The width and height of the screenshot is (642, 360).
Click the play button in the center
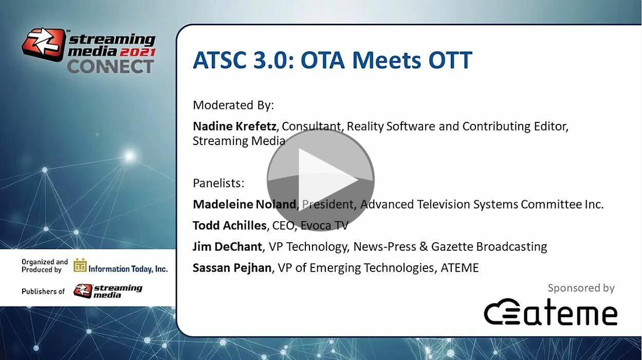(321, 179)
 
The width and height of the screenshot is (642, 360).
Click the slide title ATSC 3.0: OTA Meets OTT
(333, 60)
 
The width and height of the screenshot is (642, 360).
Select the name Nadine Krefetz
(234, 126)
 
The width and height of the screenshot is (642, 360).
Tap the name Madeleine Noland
(244, 204)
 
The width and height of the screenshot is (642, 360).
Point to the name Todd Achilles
(230, 225)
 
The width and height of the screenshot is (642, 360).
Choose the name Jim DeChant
(227, 247)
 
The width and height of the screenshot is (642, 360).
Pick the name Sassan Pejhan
(232, 268)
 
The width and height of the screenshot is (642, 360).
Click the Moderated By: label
(233, 105)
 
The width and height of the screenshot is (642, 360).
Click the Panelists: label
(218, 183)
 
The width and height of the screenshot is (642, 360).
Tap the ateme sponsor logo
(551, 312)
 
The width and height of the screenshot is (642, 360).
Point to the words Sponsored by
(581, 288)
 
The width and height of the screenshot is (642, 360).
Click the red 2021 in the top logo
(138, 52)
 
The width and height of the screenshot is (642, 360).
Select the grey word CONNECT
(111, 66)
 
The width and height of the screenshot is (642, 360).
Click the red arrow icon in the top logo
(44, 44)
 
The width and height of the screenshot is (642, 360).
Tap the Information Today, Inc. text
(128, 269)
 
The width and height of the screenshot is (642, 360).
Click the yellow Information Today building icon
(80, 265)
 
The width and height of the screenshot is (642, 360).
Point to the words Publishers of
(43, 291)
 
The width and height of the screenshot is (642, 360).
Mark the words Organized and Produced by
(45, 265)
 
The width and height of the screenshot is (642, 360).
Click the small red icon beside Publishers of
(83, 291)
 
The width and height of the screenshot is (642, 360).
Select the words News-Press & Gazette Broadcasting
(450, 247)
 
